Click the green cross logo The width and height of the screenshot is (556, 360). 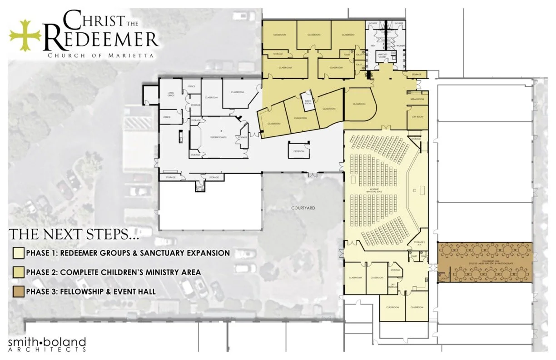pos(25,35)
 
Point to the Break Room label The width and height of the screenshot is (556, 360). pos(417,99)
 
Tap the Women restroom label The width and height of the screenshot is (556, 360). pos(401,45)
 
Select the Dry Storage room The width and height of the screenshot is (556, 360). pos(393,286)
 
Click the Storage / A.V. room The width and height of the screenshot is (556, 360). pos(418,243)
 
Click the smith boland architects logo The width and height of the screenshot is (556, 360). pos(47,344)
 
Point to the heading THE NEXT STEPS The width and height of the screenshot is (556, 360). pos(74,235)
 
